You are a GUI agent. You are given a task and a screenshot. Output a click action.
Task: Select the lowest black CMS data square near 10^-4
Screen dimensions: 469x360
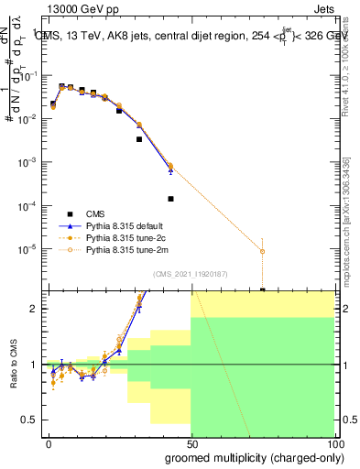click(171, 199)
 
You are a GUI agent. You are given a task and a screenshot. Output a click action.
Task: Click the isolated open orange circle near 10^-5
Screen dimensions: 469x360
click(263, 251)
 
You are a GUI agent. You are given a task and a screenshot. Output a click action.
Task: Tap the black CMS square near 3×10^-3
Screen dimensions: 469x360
click(139, 139)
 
